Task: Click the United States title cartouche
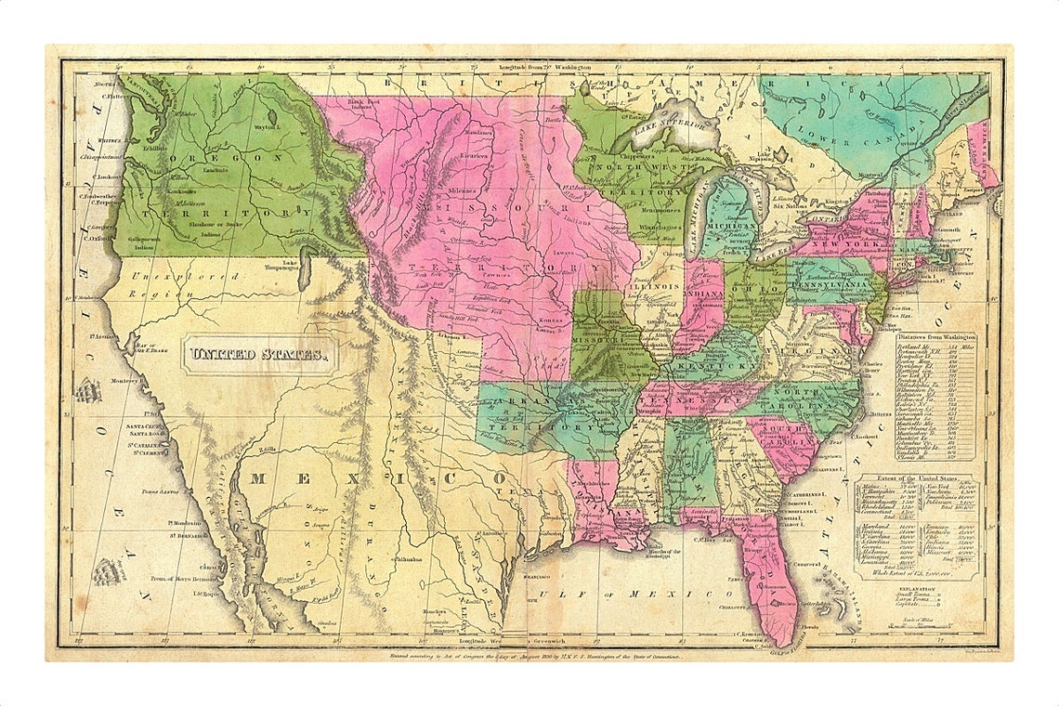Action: point(259,354)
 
